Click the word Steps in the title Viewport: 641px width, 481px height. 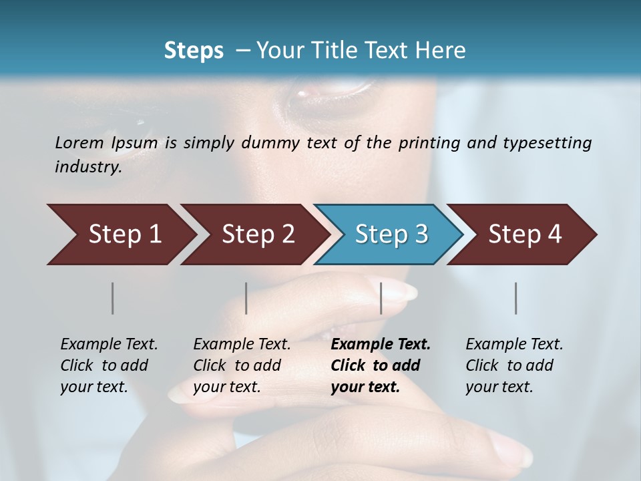194,51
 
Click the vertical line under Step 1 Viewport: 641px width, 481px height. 113,298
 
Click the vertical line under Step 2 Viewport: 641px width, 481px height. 246,298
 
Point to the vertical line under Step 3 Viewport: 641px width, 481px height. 381,298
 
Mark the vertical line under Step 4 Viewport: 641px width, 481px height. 516,298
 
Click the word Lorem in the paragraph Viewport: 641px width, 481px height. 79,142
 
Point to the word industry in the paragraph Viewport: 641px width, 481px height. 87,167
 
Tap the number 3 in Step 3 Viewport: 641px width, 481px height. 421,234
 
